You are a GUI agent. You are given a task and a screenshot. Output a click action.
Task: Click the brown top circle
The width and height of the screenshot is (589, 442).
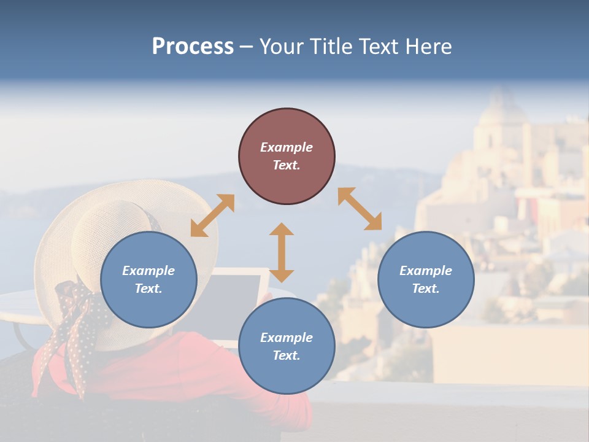point(287,157)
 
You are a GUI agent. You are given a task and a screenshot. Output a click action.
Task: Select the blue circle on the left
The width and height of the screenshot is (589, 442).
point(148,280)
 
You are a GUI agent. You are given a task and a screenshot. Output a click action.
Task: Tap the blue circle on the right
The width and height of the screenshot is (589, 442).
point(426,280)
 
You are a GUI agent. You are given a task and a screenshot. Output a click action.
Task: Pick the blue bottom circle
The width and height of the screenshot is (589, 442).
point(287,346)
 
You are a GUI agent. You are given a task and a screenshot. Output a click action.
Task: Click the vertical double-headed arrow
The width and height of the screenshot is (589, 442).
point(282,252)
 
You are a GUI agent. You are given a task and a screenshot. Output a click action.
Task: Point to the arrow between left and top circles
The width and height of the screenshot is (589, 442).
point(212,215)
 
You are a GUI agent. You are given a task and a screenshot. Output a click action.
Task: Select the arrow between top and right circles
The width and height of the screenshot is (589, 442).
point(360,209)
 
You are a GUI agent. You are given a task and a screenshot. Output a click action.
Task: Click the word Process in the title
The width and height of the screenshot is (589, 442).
point(193,47)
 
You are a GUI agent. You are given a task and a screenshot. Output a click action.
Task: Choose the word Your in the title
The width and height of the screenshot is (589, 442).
point(282,47)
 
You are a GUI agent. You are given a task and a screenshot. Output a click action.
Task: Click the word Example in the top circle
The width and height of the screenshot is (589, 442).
point(287,147)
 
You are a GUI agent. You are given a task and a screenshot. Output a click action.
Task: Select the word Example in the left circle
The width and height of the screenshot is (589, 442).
point(148,271)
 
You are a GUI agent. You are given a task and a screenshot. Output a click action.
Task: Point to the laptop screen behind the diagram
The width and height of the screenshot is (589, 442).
point(236,295)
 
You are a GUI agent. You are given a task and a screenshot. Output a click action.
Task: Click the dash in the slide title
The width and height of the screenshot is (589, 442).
point(247,47)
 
